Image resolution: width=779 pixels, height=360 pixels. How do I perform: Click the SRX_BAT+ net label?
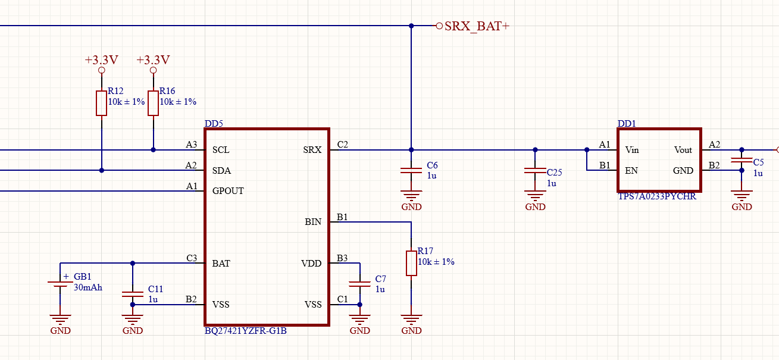click(x=477, y=26)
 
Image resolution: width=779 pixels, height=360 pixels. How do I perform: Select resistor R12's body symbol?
click(x=101, y=103)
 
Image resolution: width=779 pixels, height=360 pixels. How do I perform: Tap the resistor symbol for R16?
click(x=153, y=103)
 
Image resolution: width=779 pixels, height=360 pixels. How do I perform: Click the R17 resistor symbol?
click(x=411, y=263)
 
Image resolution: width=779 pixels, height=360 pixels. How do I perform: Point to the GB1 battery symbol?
click(x=61, y=284)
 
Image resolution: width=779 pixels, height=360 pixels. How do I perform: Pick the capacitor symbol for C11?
click(x=133, y=293)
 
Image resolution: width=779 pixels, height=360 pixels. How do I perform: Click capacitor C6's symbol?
click(x=411, y=170)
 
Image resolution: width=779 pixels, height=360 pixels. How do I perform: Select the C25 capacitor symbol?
click(x=535, y=171)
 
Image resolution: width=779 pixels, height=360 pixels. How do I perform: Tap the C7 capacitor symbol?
click(x=359, y=283)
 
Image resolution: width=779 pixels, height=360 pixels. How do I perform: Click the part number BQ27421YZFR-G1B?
click(x=246, y=331)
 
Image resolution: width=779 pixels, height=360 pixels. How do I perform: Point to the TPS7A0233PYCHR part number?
click(x=657, y=196)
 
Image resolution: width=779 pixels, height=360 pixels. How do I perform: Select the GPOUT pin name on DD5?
click(x=228, y=191)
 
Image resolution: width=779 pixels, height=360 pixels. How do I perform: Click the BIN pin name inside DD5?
click(x=313, y=222)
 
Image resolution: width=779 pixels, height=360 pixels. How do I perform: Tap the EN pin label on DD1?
click(x=631, y=171)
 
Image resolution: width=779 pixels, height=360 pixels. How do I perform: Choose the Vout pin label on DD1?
click(x=683, y=150)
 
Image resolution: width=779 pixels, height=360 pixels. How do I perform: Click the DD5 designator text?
click(x=214, y=124)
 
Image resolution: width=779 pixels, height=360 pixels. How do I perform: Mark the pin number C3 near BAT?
click(x=191, y=258)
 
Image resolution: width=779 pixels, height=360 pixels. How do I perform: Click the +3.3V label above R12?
click(x=101, y=60)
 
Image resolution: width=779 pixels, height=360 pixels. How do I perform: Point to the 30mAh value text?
click(x=88, y=287)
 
